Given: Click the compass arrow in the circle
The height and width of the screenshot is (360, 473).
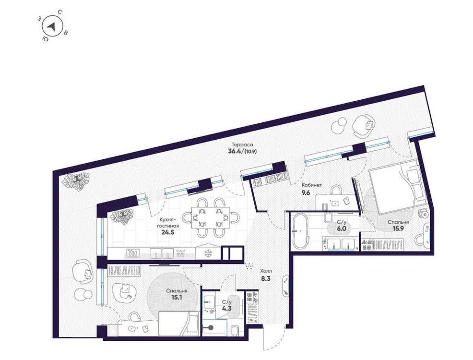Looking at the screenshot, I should point(55,26).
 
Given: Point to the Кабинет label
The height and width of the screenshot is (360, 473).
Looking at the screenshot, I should point(311,185).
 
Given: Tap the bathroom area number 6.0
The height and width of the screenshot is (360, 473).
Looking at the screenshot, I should point(341,229).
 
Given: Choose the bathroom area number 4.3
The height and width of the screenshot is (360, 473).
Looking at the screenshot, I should point(225,308).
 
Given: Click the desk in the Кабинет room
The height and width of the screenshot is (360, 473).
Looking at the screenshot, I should point(336,201).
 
